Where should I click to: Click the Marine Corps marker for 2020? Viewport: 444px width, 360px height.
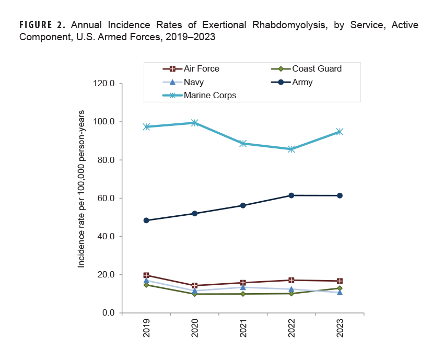point(194,123)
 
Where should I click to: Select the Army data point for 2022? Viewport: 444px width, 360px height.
point(291,195)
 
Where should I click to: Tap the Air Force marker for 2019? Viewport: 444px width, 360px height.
point(146,275)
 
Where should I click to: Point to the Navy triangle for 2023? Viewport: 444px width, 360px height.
point(340,292)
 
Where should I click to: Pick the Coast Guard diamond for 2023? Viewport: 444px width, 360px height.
point(340,288)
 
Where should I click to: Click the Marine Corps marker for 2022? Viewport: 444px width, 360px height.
point(291,149)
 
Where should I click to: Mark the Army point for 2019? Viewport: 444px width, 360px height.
point(146,220)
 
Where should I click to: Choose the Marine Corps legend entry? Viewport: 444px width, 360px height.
point(209,95)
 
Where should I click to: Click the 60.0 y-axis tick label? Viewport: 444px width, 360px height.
point(105,198)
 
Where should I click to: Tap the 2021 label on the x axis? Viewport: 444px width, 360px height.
point(243,328)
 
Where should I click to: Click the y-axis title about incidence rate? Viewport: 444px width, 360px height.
point(81,189)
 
